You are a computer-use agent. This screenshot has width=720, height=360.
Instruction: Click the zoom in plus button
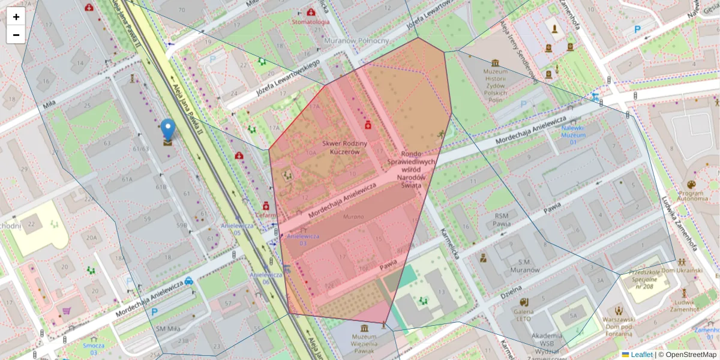click(x=16, y=17)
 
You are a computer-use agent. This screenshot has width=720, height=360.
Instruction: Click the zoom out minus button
click(x=16, y=35)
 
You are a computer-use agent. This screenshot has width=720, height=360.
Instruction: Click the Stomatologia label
click(x=311, y=22)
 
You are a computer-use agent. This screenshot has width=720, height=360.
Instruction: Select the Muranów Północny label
click(x=356, y=41)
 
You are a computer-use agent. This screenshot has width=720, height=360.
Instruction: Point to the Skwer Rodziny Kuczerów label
click(x=341, y=148)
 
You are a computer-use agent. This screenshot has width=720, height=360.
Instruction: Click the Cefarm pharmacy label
click(x=265, y=214)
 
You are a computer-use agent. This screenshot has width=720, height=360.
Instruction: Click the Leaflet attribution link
click(x=641, y=355)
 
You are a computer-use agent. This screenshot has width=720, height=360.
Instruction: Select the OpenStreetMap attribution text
click(x=691, y=355)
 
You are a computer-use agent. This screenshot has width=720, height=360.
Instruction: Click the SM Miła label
click(x=169, y=328)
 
